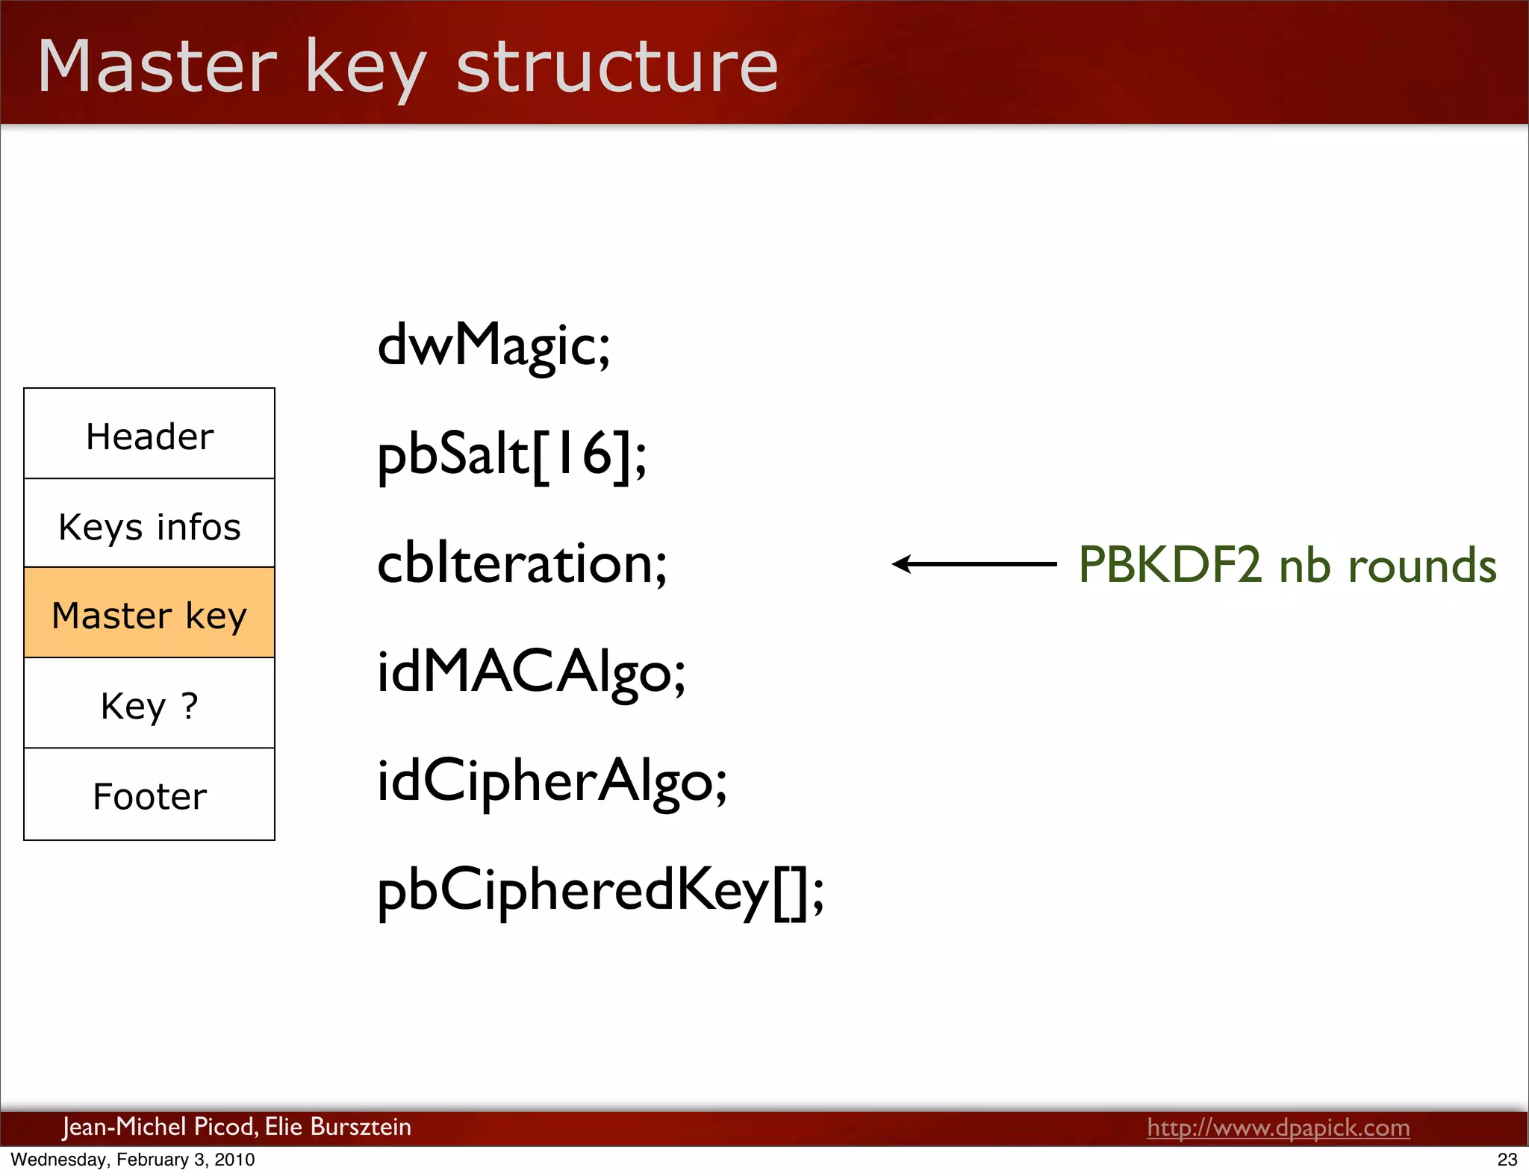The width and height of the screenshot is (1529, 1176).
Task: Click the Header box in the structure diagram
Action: point(149,435)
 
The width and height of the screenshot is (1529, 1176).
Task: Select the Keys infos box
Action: point(149,525)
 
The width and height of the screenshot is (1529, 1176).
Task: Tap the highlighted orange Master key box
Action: point(149,614)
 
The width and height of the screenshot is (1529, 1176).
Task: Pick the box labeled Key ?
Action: point(149,704)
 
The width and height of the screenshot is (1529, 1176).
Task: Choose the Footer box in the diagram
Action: point(149,795)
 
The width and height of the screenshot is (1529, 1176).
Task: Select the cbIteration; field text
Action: point(522,563)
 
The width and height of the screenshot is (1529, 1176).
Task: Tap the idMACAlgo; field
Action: point(531,672)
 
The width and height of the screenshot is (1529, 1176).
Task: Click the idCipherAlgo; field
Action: point(552,781)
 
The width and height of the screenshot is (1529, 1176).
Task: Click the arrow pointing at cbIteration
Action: point(974,564)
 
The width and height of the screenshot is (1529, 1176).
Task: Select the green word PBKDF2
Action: point(1170,565)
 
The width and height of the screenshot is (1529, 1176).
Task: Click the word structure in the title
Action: point(617,67)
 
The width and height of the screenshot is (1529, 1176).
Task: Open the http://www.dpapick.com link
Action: point(1278,1127)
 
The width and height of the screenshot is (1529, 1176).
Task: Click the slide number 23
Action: point(1507,1160)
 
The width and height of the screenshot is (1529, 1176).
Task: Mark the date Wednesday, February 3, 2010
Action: point(133,1160)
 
